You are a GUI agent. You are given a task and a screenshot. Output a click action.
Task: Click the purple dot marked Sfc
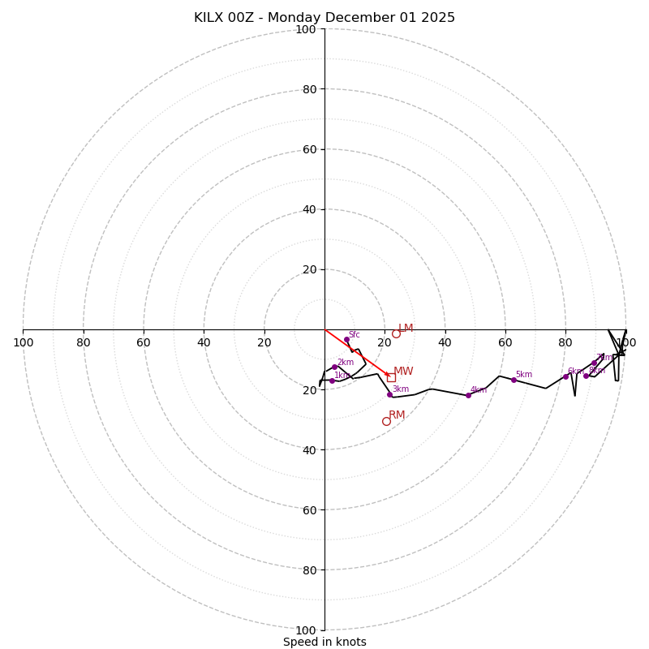[x=346, y=339]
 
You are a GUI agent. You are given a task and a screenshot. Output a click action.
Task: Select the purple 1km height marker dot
[x=332, y=380]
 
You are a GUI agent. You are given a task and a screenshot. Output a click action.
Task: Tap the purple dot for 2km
[x=334, y=367]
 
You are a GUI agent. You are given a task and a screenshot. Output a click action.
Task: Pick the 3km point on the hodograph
[x=389, y=394]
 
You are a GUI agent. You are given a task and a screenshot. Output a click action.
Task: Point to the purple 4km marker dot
[x=468, y=395]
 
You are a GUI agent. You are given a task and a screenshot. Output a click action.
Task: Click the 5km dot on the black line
[x=514, y=380]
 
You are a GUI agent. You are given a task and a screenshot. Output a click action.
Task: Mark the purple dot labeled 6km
[x=565, y=376]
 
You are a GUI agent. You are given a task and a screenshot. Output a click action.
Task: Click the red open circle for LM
[x=396, y=333]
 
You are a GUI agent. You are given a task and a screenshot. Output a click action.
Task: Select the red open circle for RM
[x=386, y=421]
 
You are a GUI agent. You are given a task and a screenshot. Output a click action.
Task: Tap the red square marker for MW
[x=391, y=377]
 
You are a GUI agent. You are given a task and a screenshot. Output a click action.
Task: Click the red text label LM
[x=406, y=328]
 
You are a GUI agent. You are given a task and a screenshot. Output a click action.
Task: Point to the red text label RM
[x=397, y=415]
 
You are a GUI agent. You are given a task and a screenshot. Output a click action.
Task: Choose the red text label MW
[x=403, y=372]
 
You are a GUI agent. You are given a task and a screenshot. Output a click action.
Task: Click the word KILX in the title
[x=208, y=18]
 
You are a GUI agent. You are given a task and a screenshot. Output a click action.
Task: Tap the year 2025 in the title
[x=438, y=18]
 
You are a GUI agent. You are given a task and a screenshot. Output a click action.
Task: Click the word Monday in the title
[x=296, y=18]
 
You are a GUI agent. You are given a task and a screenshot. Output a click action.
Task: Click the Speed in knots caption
[x=324, y=642]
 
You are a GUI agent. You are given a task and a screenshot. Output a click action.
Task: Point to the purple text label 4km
[x=479, y=389]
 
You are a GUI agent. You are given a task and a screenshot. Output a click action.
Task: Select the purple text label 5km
[x=524, y=374]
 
